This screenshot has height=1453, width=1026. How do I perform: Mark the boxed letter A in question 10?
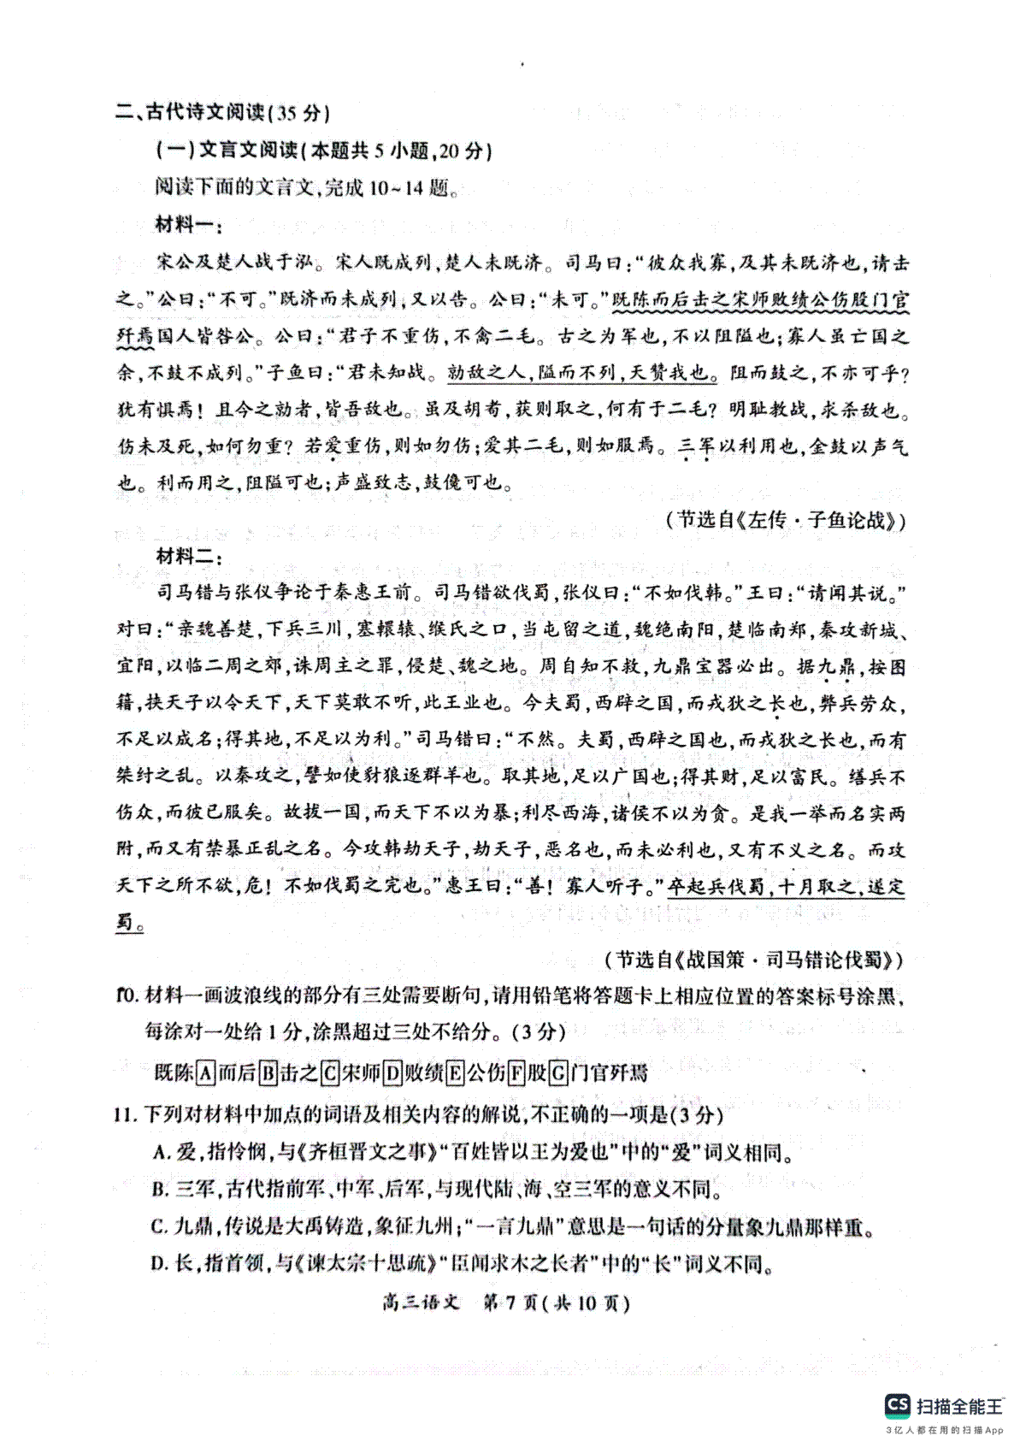(x=205, y=1072)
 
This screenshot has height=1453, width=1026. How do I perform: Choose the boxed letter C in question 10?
(x=330, y=1072)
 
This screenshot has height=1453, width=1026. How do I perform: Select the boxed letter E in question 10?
(x=454, y=1072)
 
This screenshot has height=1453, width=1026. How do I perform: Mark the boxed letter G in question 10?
(x=558, y=1072)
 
